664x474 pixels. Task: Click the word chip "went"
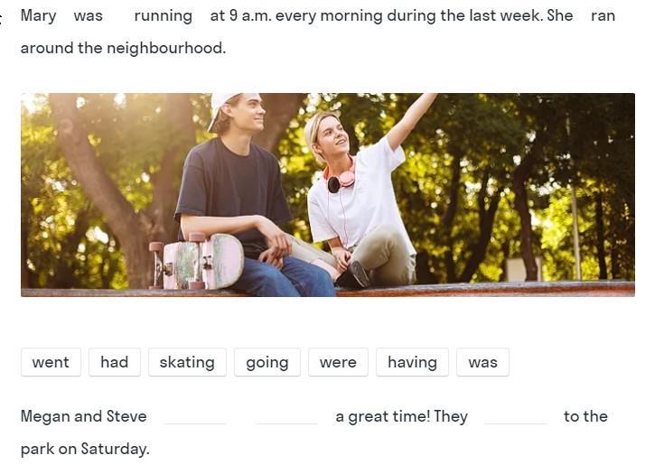pos(51,362)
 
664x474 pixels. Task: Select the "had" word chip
pos(115,362)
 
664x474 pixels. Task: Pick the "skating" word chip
pos(187,362)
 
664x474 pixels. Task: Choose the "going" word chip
pos(267,362)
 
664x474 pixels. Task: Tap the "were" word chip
pos(338,362)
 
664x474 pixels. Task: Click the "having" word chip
pos(412,362)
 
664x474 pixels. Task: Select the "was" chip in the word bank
pos(482,362)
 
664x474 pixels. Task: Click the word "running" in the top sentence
pos(163,16)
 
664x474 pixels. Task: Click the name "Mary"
pos(38,16)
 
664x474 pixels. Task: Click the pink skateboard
pos(197,261)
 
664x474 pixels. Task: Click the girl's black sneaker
pos(354,274)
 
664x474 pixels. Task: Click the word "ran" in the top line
pos(603,16)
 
